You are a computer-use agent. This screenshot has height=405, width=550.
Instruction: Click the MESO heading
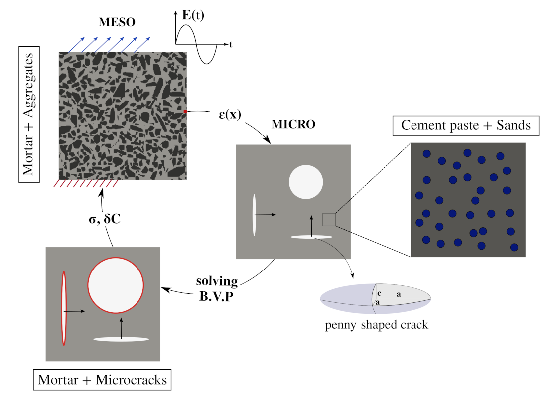[117, 22]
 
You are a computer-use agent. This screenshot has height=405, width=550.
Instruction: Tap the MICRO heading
[293, 125]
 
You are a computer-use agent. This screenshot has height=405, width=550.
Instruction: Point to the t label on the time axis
[231, 45]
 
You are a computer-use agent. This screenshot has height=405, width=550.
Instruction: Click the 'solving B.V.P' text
[218, 287]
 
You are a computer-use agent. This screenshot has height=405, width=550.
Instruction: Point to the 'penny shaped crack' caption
[377, 325]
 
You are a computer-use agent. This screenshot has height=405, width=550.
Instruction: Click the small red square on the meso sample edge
[185, 112]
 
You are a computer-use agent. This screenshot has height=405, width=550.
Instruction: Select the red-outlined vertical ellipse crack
[64, 308]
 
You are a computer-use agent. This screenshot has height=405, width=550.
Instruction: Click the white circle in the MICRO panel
[306, 182]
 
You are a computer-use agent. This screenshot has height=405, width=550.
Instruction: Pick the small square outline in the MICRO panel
[328, 219]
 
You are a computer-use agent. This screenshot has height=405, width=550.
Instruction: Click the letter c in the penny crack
[379, 294]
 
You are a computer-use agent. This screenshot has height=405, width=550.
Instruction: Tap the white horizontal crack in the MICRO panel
[311, 237]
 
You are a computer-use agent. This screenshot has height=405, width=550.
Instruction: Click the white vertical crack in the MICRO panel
[254, 215]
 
